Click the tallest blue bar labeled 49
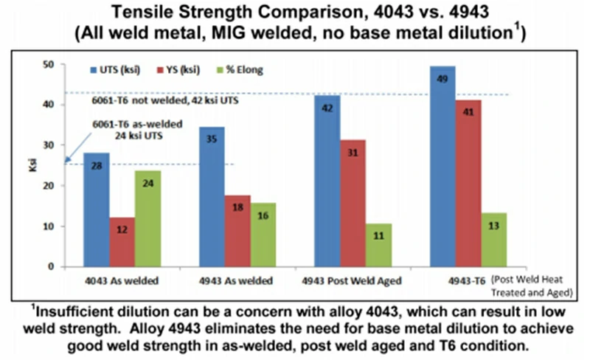441,167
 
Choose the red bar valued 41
467,184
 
